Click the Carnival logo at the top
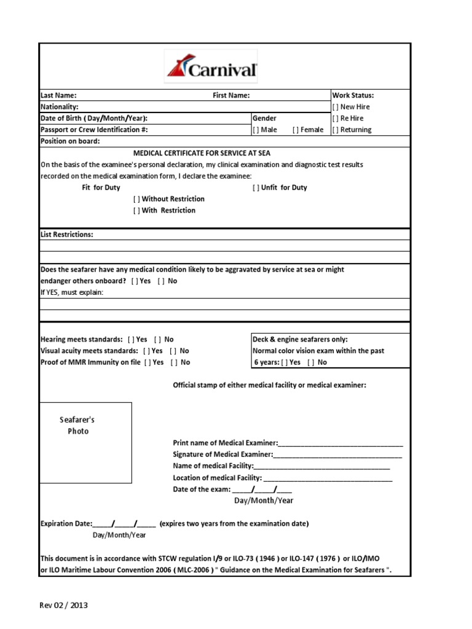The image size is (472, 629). click(211, 67)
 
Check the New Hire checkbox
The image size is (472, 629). click(335, 107)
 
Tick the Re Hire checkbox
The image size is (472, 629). click(335, 119)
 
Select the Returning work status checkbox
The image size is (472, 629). click(335, 130)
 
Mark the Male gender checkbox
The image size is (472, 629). click(256, 130)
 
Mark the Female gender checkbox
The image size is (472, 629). click(296, 130)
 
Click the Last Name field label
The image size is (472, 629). click(58, 95)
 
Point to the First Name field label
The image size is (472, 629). click(231, 95)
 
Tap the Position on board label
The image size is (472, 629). click(70, 141)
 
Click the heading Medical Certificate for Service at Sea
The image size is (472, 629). click(202, 153)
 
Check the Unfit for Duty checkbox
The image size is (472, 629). click(256, 188)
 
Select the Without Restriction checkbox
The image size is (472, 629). click(136, 200)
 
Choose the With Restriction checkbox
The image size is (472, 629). click(136, 211)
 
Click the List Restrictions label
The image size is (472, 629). click(67, 235)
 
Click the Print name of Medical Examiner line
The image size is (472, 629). click(340, 443)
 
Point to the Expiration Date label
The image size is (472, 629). click(66, 524)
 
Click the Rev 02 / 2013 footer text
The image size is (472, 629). click(64, 606)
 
